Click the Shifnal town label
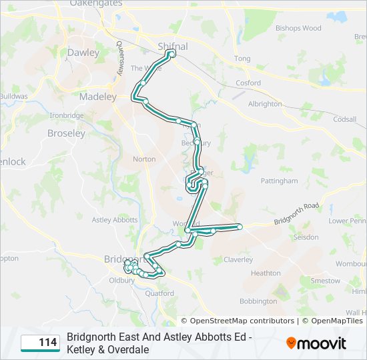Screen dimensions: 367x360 172,46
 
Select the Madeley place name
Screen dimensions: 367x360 97,97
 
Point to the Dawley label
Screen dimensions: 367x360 83,52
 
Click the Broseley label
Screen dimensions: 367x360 66,133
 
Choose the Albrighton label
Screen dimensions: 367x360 265,104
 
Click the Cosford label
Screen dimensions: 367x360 248,83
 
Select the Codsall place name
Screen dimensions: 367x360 345,119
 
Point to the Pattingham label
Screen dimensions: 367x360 279,181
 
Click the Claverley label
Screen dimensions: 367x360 238,259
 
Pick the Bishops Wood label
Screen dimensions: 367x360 298,29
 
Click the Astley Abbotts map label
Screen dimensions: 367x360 114,220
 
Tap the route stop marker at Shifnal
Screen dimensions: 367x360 173,53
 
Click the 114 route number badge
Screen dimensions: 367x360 40,343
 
